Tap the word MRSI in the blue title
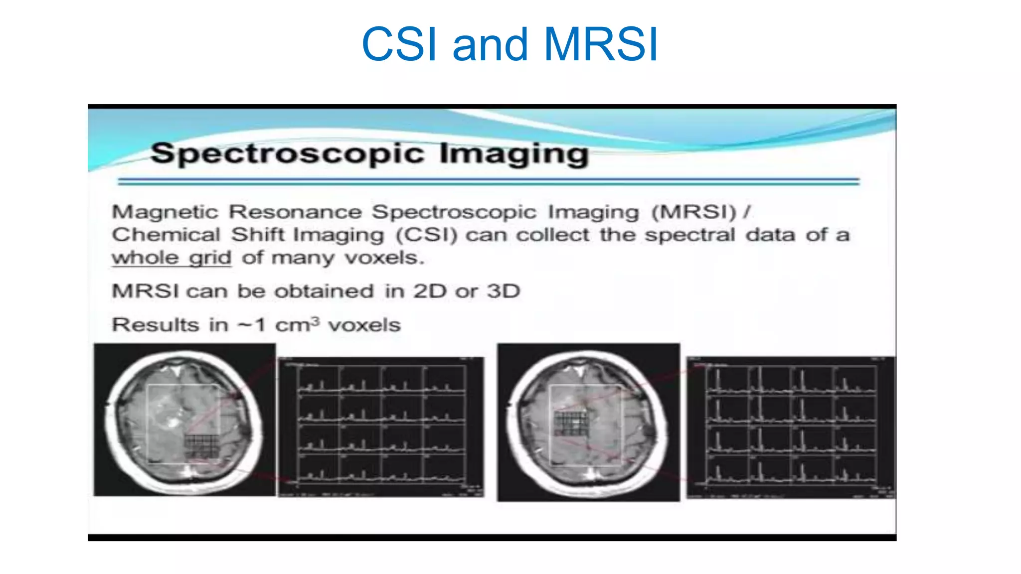[601, 45]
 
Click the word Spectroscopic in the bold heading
[287, 153]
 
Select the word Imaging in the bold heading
[514, 154]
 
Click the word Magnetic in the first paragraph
[165, 212]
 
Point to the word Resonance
[295, 212]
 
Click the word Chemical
[166, 235]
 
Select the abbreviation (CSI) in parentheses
[427, 235]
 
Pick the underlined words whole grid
[171, 258]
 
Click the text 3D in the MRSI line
[504, 291]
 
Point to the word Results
[156, 325]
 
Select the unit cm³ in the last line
[297, 325]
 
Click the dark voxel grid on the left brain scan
[202, 446]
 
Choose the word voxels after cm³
[364, 325]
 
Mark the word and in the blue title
[490, 45]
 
